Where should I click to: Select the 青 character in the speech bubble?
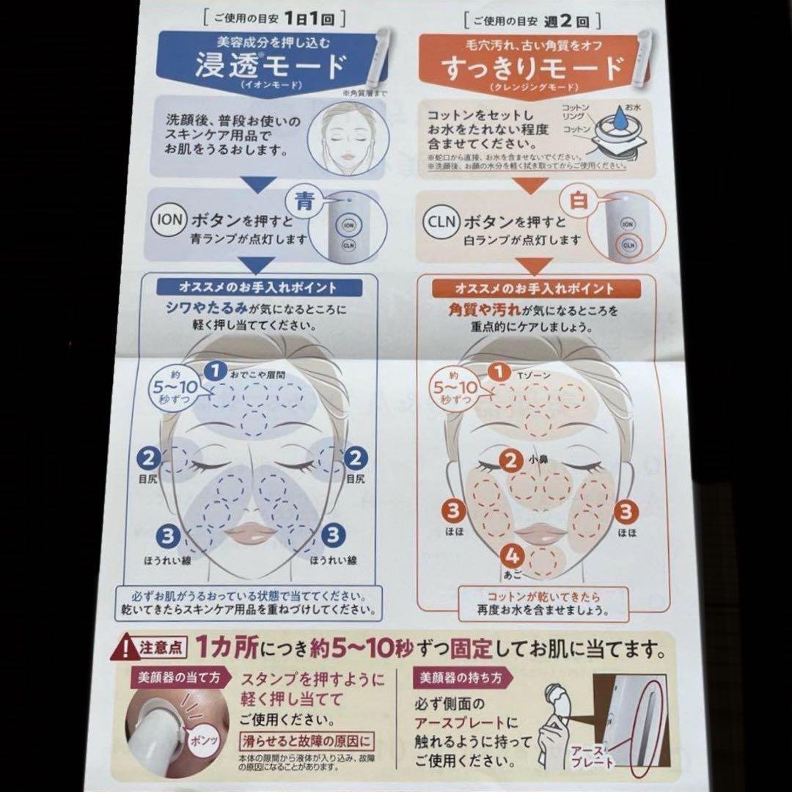point(304,200)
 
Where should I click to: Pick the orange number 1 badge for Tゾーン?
point(499,373)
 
